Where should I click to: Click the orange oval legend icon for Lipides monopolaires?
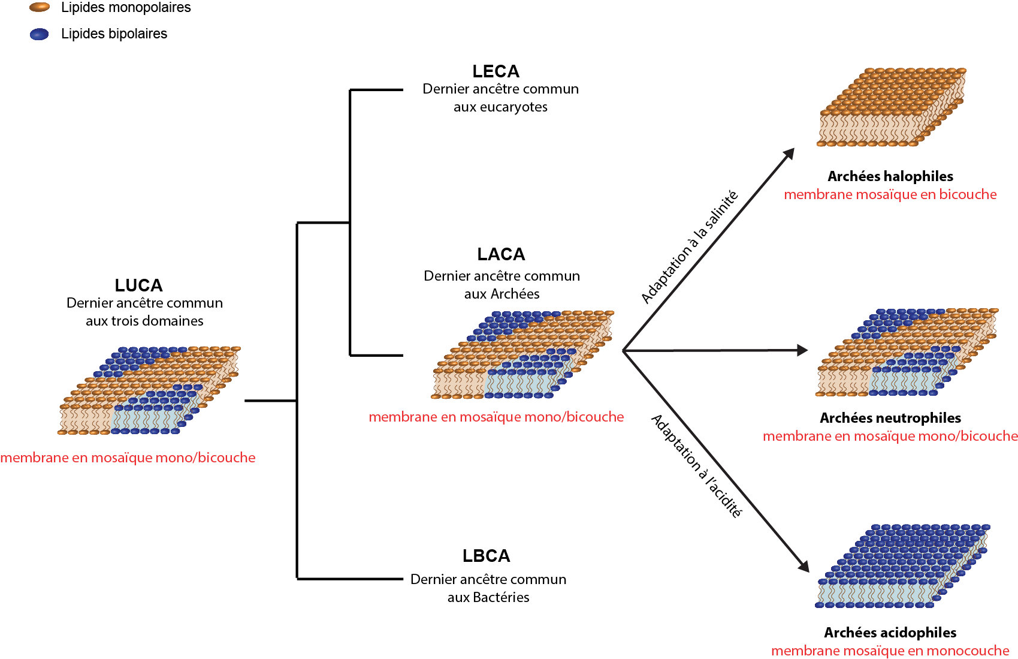coord(40,7)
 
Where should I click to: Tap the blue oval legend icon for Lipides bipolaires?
coord(40,34)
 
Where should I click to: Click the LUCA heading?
coord(138,285)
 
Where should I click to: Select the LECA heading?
coord(496,71)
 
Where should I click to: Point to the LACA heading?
coord(501,254)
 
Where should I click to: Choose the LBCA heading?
coord(486,556)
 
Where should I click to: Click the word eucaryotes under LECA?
coord(518,107)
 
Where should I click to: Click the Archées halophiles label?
coord(890,176)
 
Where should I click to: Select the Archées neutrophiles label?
coord(890,418)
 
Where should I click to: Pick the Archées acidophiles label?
coord(890,633)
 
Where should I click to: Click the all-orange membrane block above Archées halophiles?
coord(891,107)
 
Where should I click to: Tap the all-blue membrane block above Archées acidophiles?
coord(902,566)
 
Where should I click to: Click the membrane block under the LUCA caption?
coord(149,390)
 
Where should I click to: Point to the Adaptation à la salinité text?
coord(689,248)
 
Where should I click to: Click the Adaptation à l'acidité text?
coord(697,465)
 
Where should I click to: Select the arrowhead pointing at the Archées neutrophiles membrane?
coord(802,350)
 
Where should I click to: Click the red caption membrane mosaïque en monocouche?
coord(890,651)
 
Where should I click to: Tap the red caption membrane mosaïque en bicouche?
coord(890,194)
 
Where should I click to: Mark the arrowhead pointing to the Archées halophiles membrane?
coord(789,154)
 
